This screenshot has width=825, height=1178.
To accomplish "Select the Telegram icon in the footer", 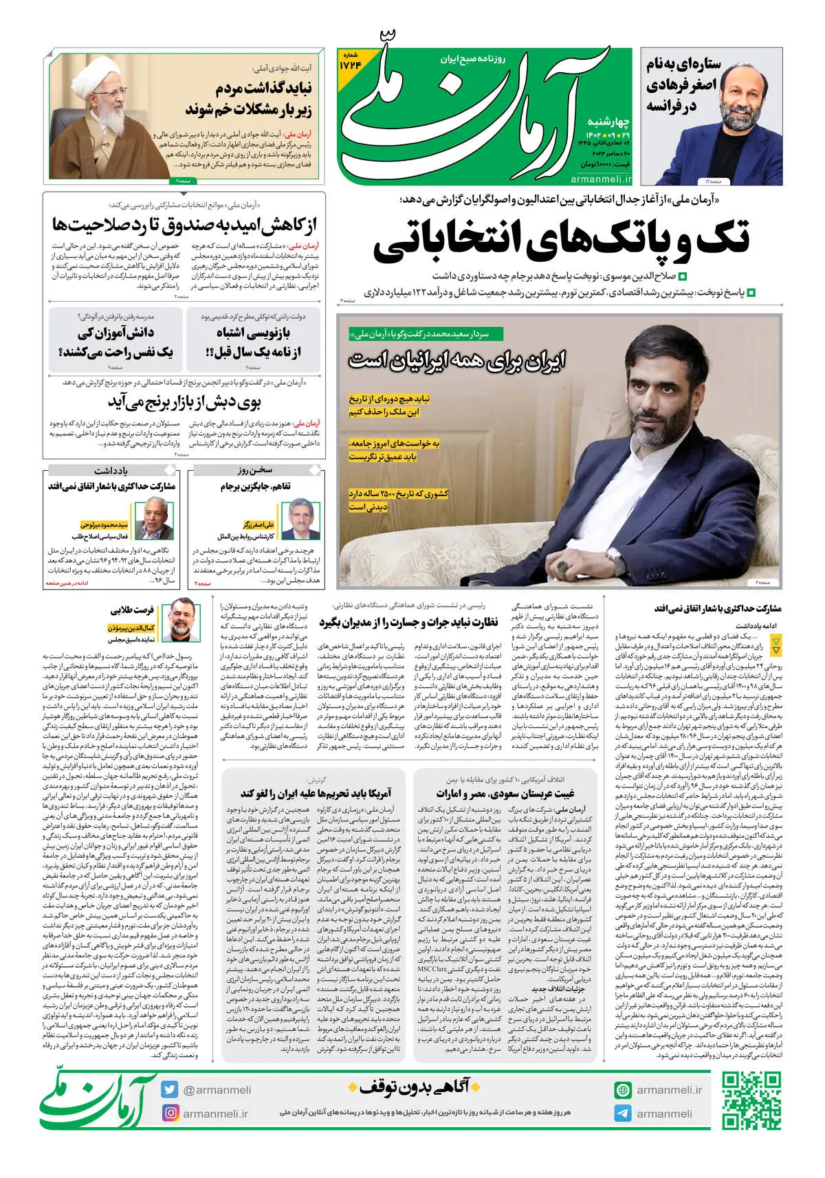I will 623,1113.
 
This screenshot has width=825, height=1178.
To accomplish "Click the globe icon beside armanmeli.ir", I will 623,1090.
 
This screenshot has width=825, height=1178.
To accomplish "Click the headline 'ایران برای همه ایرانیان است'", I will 457,360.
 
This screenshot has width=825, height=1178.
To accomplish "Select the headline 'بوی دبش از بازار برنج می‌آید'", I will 185,401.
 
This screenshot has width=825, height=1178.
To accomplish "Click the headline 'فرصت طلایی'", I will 132,610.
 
